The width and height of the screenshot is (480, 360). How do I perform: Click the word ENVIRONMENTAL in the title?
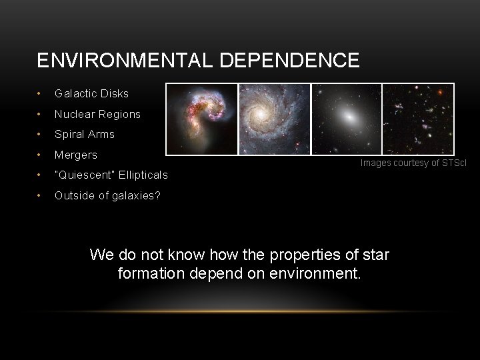[124, 61]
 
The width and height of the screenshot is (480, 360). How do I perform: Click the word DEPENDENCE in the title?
[288, 61]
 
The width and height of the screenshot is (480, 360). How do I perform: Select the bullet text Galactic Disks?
[91, 93]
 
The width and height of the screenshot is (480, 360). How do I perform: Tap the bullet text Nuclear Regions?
[97, 114]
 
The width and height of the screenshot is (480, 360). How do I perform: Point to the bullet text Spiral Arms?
[85, 134]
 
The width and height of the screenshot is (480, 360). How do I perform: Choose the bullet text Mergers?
[76, 155]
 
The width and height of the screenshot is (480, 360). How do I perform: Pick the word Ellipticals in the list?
[143, 175]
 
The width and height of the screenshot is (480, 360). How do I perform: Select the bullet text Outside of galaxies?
[107, 195]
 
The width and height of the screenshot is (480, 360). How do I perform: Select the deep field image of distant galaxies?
[418, 119]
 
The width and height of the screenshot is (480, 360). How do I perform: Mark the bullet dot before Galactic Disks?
[41, 93]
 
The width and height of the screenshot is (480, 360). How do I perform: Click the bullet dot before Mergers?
[41, 155]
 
